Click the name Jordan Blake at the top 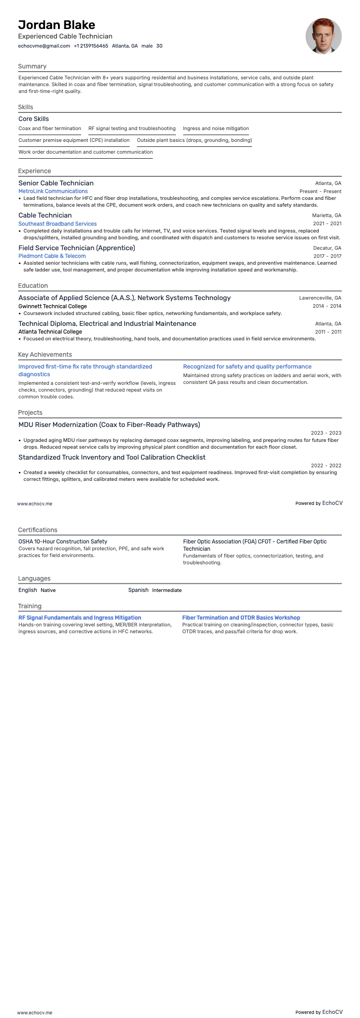(57, 24)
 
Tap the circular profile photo (323, 36)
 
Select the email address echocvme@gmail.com (44, 46)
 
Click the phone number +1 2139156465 (91, 46)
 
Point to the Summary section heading (32, 66)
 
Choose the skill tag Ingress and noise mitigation (216, 128)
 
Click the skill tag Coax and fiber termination (50, 128)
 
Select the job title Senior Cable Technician (56, 183)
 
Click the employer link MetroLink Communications (53, 191)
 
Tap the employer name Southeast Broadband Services (58, 223)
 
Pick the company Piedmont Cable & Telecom (52, 256)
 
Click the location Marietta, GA (326, 215)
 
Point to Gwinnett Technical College (53, 306)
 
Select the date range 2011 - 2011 (328, 332)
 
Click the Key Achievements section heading (45, 354)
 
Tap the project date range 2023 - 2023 (326, 433)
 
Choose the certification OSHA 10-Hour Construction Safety (63, 541)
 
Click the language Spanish (138, 590)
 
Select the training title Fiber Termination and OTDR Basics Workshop (241, 617)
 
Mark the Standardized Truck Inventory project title (112, 457)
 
